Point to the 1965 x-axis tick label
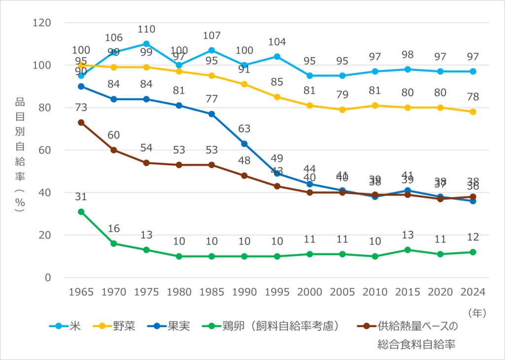pyautogui.click(x=81, y=291)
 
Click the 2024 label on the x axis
pyautogui.click(x=473, y=291)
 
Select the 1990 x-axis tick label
pyautogui.click(x=244, y=291)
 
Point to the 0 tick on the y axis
pyautogui.click(x=48, y=278)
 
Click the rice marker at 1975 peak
pyautogui.click(x=146, y=44)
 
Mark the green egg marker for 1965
pyautogui.click(x=81, y=212)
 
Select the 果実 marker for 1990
pyautogui.click(x=244, y=144)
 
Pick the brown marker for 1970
pyautogui.click(x=113, y=150)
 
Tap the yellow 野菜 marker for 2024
pyautogui.click(x=473, y=112)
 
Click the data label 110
pyautogui.click(x=146, y=29)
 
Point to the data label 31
pyautogui.click(x=81, y=197)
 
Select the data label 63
pyautogui.click(x=244, y=129)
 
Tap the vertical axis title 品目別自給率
pyautogui.click(x=20, y=154)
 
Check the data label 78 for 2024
pyautogui.click(x=473, y=97)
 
